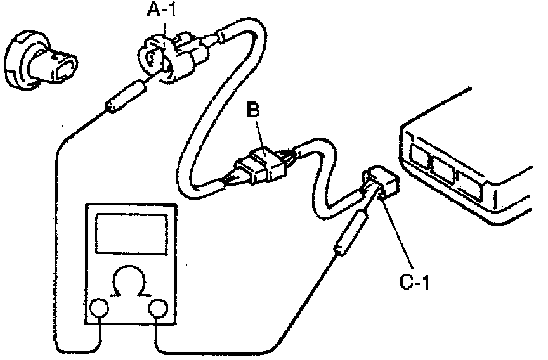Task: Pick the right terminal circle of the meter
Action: tap(158, 309)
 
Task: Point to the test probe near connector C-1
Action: tap(348, 234)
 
